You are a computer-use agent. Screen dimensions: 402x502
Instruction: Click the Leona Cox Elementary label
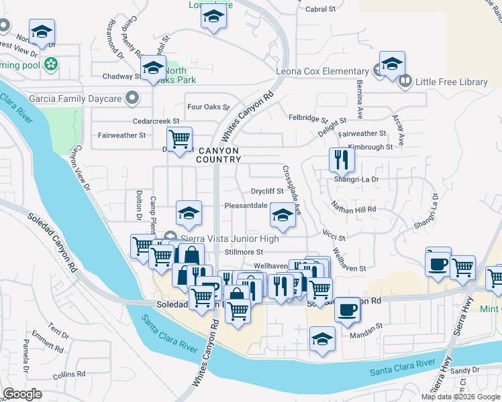[x=322, y=71]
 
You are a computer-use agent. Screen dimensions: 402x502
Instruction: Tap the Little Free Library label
[x=452, y=82]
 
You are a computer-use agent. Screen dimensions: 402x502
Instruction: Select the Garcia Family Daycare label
[x=84, y=98]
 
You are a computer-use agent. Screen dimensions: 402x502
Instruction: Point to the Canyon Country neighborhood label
[x=219, y=154]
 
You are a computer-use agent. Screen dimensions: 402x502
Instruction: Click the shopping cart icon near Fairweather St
[x=179, y=139]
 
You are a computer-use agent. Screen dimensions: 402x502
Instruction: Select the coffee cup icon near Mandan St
[x=347, y=309]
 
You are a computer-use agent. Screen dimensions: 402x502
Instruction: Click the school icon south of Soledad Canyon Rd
[x=323, y=338]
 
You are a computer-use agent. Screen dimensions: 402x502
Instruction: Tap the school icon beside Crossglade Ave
[x=283, y=216]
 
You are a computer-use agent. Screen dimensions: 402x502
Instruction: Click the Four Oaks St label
[x=208, y=107]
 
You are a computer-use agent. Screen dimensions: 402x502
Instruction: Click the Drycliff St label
[x=267, y=190]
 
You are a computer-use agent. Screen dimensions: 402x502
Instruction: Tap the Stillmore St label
[x=244, y=252]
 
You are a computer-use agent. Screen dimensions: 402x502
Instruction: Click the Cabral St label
[x=320, y=9]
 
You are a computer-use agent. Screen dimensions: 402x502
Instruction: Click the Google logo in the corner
[x=22, y=394]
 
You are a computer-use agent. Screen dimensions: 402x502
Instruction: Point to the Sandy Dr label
[x=464, y=370]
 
